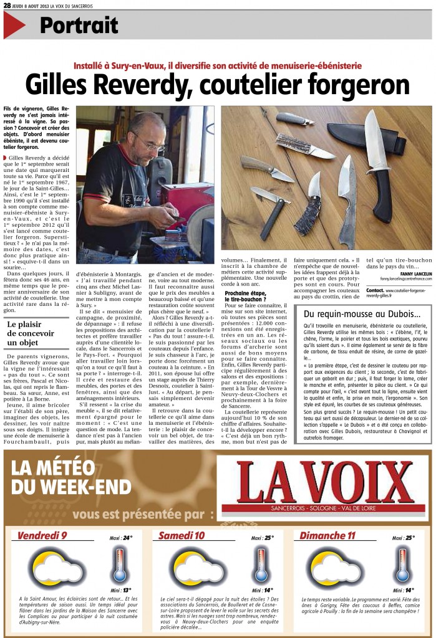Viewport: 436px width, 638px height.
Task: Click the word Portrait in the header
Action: pyautogui.click(x=79, y=25)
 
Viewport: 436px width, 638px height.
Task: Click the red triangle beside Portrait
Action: pyautogui.click(x=14, y=26)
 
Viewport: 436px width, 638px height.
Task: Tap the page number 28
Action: pyautogui.click(x=7, y=5)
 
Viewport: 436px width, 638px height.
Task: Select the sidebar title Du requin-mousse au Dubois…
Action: pyautogui.click(x=362, y=315)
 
